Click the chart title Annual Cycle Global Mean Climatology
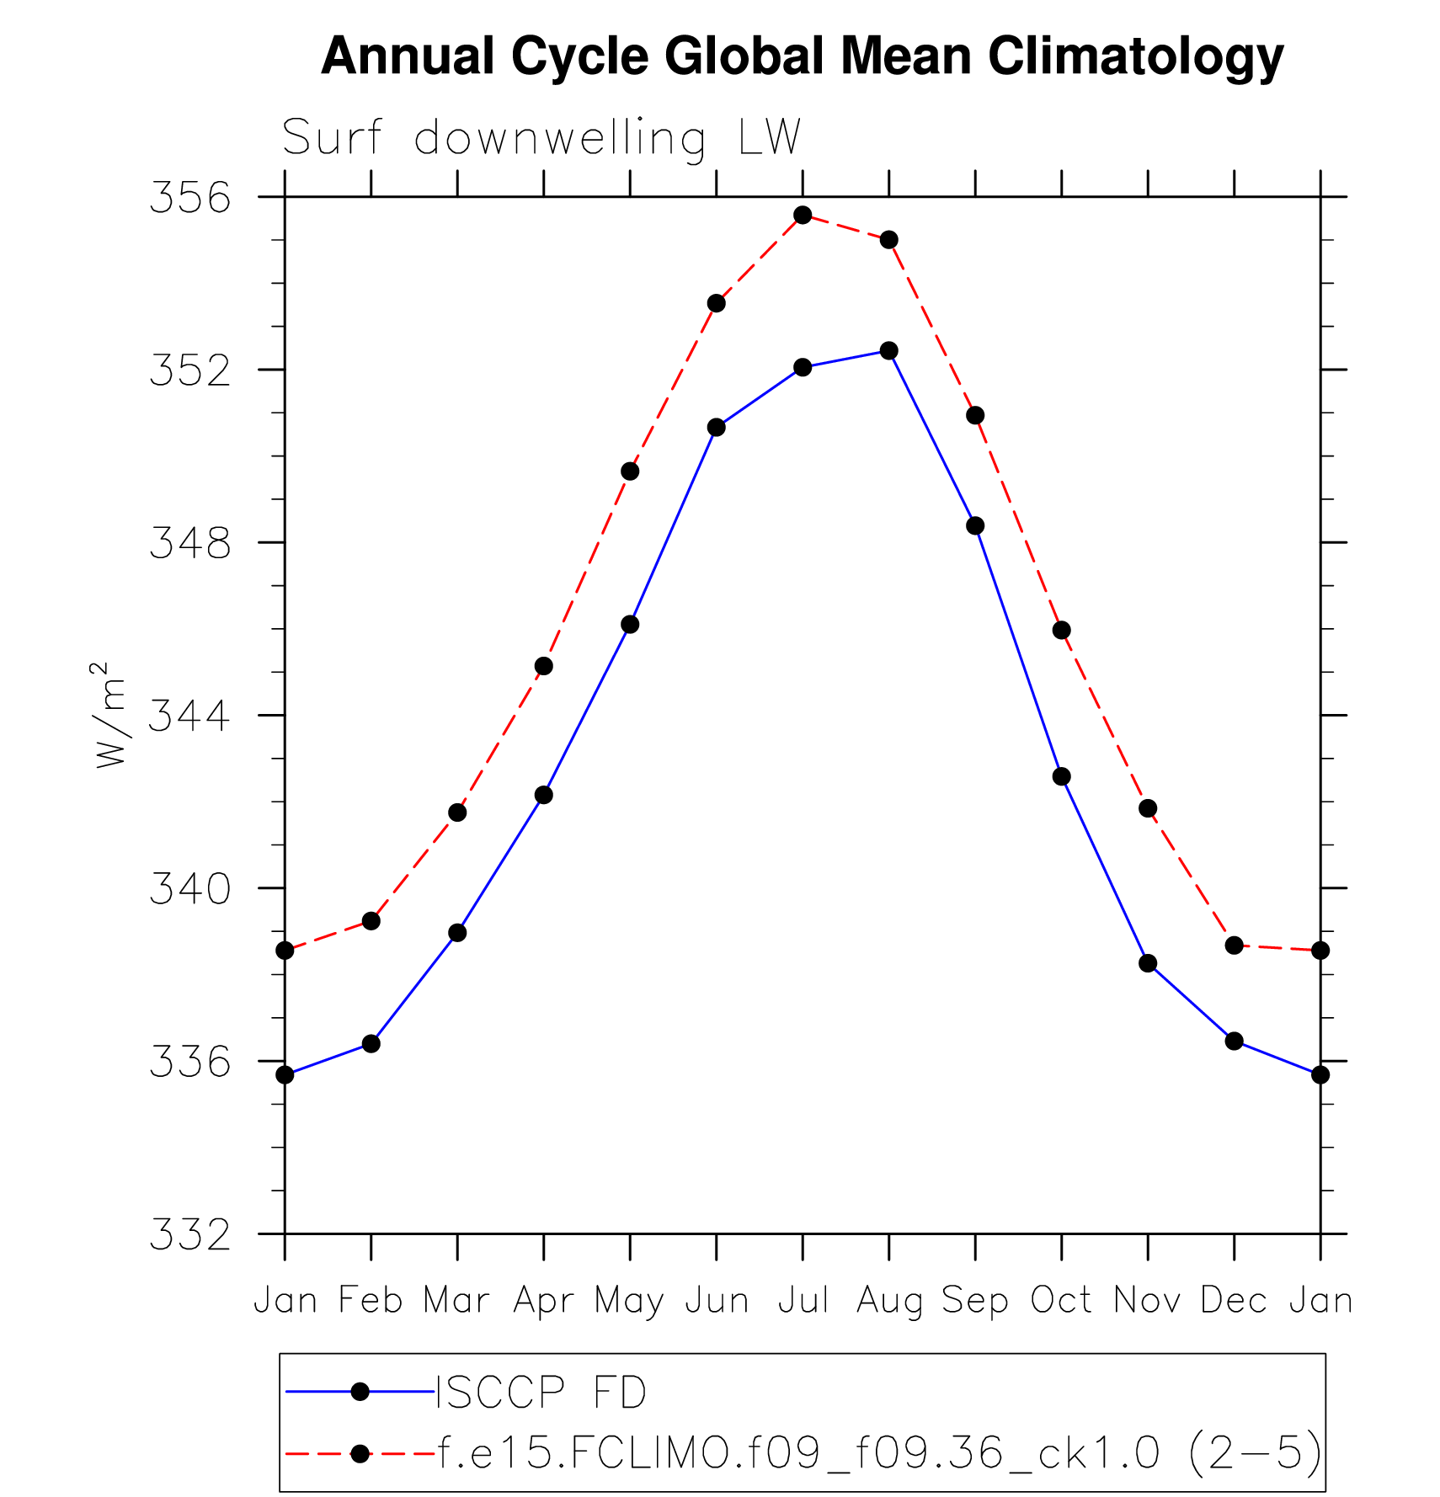(802, 56)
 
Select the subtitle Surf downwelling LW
(541, 137)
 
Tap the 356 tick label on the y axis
(189, 198)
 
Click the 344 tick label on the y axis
(189, 717)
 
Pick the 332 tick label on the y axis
(189, 1235)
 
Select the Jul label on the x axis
(803, 1300)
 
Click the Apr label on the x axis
(543, 1300)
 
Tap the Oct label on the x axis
(1061, 1300)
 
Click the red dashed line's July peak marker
(803, 216)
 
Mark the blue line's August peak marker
(889, 350)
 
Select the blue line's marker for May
(630, 624)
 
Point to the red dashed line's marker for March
(457, 812)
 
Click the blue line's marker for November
(1148, 963)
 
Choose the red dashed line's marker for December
(1235, 946)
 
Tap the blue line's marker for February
(371, 1044)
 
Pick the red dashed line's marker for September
(975, 415)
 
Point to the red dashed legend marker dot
(360, 1454)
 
